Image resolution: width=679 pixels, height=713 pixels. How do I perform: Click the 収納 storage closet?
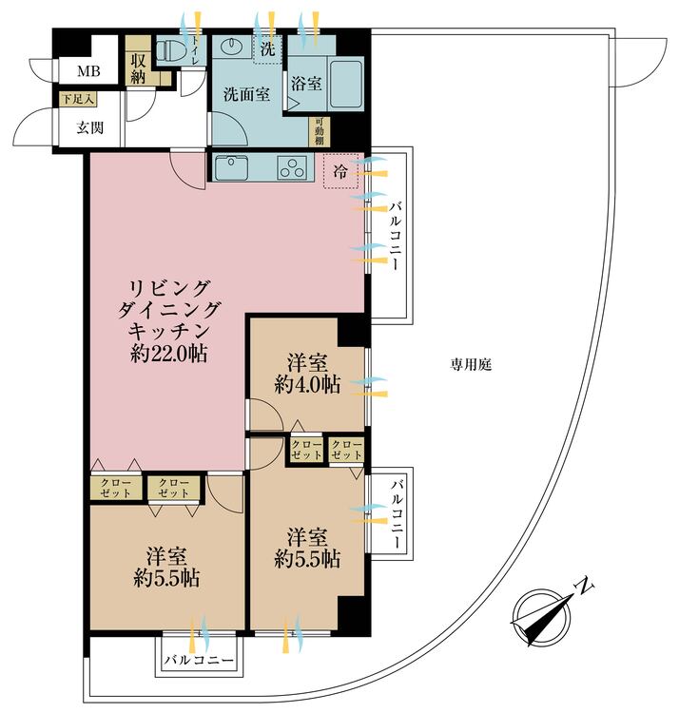(x=139, y=67)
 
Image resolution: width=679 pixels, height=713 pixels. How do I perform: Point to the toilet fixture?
(x=174, y=51)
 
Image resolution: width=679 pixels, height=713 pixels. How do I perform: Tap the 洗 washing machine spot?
(x=268, y=48)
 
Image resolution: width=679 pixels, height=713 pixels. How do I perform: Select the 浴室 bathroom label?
(x=306, y=84)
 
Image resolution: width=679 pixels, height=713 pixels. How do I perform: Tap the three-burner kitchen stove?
(x=292, y=169)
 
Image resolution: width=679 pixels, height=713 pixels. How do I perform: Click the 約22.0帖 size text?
(x=168, y=355)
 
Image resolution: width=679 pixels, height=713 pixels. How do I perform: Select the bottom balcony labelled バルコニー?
(x=198, y=659)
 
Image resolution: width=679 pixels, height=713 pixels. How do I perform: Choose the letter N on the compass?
(x=588, y=587)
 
